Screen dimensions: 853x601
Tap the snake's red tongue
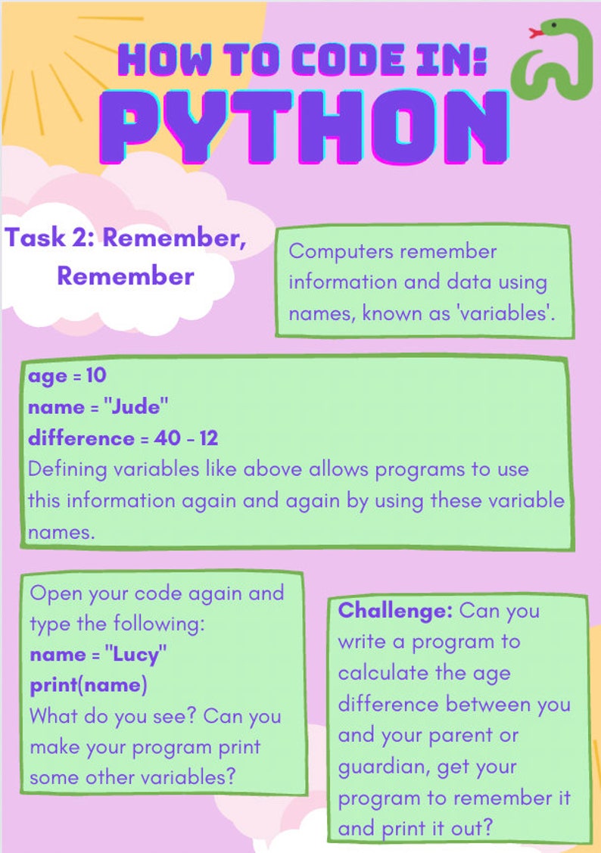coord(536,33)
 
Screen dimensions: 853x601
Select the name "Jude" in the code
coord(139,406)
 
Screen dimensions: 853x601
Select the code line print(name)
coord(88,686)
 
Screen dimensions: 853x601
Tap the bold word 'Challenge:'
coord(395,610)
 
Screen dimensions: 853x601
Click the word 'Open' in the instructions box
coord(54,593)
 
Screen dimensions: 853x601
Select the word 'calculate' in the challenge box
coord(382,673)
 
